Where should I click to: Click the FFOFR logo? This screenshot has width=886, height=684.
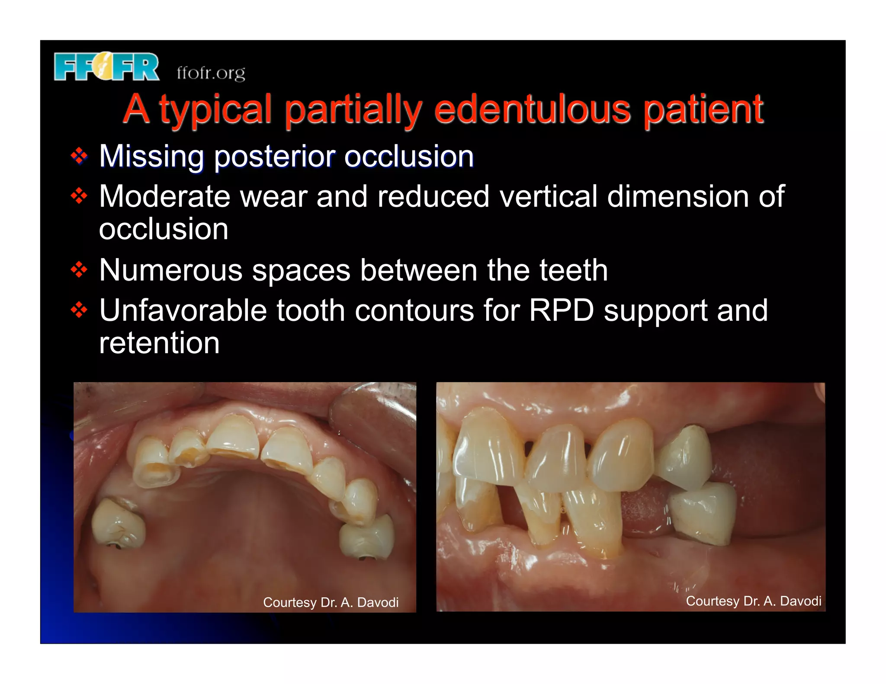pyautogui.click(x=106, y=67)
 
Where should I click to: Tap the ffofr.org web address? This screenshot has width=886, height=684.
pyautogui.click(x=211, y=73)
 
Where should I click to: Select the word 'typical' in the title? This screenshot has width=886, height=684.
pyautogui.click(x=215, y=110)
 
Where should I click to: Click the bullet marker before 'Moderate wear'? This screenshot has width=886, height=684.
pyautogui.click(x=79, y=196)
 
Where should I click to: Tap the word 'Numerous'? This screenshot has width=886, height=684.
pyautogui.click(x=170, y=270)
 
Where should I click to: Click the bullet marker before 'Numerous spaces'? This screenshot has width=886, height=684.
pyautogui.click(x=79, y=270)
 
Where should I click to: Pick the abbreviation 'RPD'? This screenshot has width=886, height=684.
pyautogui.click(x=562, y=310)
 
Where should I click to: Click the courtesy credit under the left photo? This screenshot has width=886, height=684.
pyautogui.click(x=331, y=602)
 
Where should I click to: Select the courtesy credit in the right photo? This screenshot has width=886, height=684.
pyautogui.click(x=753, y=601)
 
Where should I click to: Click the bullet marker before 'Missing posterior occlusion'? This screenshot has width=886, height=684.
pyautogui.click(x=79, y=156)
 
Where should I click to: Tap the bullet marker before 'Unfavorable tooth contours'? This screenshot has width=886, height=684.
pyautogui.click(x=79, y=310)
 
